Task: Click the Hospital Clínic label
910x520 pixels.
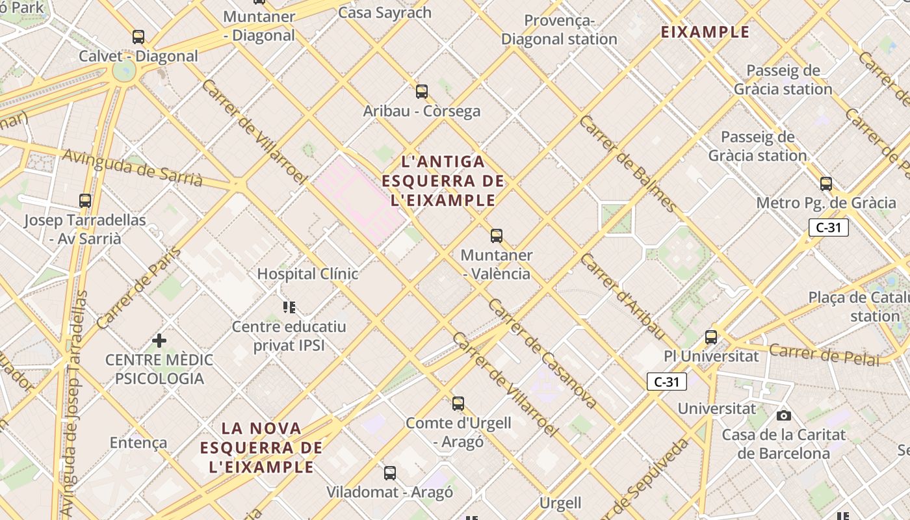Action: (307, 274)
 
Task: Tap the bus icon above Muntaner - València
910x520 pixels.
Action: (497, 235)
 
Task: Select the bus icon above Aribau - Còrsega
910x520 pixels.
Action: (422, 91)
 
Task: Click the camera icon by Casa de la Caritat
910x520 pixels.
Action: (784, 415)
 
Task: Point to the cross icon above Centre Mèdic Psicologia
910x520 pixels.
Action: (159, 340)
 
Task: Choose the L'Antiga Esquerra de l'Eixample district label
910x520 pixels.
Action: (443, 181)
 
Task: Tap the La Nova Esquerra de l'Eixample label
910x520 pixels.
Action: (261, 447)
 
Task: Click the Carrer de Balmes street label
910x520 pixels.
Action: (628, 162)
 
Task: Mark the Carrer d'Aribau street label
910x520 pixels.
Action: (621, 296)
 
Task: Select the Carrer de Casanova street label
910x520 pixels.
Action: (541, 354)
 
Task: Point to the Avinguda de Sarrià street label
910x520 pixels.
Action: (133, 167)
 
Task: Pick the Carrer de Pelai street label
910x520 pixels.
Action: (824, 355)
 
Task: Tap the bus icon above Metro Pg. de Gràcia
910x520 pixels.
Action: (826, 183)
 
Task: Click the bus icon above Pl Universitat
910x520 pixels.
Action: (711, 337)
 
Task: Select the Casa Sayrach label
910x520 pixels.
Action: (385, 12)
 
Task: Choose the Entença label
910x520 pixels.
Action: (138, 443)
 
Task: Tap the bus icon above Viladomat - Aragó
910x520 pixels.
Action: (390, 473)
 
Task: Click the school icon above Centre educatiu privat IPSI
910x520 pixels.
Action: (289, 307)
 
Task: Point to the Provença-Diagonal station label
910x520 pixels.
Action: (559, 30)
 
